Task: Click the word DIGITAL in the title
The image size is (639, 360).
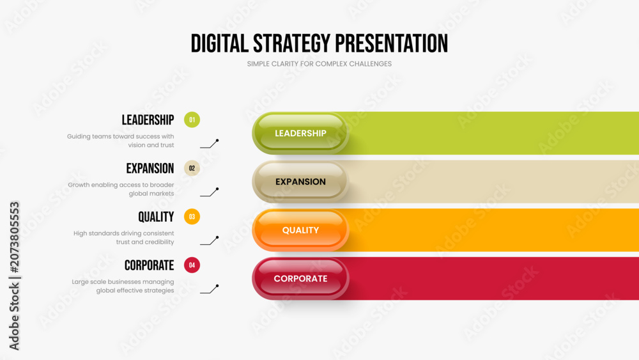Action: click(220, 43)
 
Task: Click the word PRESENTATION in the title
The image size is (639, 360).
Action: click(391, 43)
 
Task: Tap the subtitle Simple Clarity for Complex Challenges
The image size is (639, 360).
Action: click(319, 64)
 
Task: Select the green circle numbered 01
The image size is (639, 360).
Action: click(192, 120)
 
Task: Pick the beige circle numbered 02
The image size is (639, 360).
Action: click(192, 168)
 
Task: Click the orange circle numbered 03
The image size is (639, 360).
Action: click(192, 217)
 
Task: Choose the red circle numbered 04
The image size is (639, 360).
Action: click(192, 265)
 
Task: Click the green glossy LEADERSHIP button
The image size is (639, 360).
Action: click(300, 133)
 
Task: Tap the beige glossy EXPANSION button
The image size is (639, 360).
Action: click(300, 182)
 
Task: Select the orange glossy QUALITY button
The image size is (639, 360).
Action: click(300, 230)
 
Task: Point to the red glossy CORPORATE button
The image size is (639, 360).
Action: click(300, 279)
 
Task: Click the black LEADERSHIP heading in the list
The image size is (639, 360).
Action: click(148, 120)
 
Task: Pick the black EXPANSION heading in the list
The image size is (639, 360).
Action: click(150, 168)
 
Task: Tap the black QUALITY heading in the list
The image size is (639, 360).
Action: click(156, 217)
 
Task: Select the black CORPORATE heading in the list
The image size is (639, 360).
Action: click(149, 265)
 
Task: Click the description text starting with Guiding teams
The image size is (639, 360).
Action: click(121, 141)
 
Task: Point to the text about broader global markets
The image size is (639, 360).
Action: click(121, 189)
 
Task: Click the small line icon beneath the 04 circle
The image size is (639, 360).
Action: click(210, 289)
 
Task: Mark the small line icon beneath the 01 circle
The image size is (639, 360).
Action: click(210, 144)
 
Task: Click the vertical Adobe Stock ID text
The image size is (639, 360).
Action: click(14, 276)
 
